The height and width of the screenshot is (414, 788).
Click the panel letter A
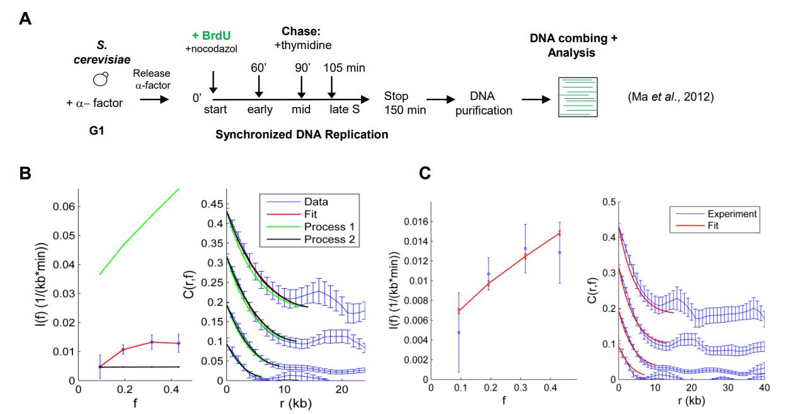(25, 18)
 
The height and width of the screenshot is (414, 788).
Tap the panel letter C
(426, 172)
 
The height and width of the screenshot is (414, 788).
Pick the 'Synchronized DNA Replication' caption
(302, 134)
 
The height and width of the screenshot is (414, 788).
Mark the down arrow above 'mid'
(302, 87)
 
